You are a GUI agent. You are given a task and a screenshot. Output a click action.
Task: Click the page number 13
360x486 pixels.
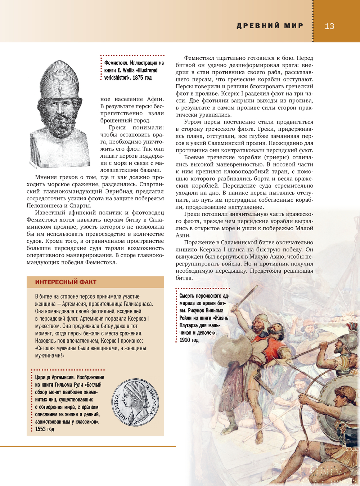pos(329,26)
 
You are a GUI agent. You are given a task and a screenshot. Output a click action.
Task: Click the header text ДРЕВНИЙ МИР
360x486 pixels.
pos(270,26)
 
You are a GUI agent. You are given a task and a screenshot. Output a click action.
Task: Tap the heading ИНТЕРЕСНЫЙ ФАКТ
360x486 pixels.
pos(66,282)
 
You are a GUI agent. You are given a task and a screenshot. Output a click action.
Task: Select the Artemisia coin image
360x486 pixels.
pos(135,402)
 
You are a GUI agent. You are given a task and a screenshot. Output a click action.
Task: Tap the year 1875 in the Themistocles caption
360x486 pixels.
pos(138,77)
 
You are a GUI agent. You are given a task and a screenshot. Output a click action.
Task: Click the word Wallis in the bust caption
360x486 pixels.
pos(129,70)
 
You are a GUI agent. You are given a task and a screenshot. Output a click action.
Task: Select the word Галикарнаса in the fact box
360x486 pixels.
pos(138,304)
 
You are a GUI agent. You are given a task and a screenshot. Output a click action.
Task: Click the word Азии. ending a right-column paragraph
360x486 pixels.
pos(183,235)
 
